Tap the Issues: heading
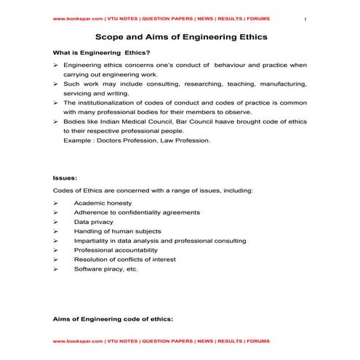64,177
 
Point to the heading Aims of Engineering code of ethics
113,319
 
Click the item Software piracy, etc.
105,269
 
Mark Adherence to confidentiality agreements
137,212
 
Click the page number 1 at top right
303,17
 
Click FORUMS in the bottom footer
257,340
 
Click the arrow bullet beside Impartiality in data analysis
56,241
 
